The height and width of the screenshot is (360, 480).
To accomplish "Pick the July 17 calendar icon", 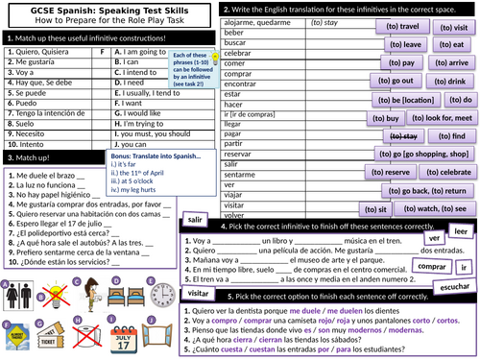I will point(108,340).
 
